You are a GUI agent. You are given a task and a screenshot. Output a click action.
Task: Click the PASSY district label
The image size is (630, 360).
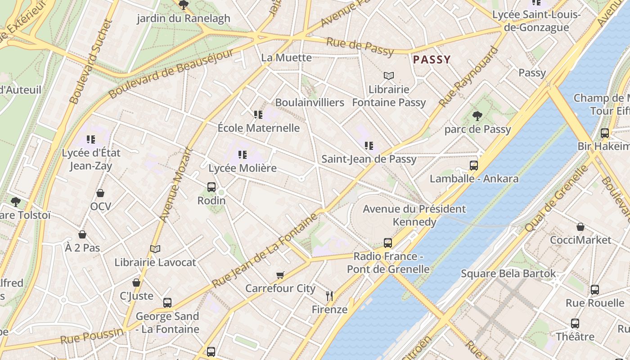pyautogui.click(x=432, y=59)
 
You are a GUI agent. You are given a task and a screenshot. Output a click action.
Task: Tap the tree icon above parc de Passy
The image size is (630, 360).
pyautogui.click(x=477, y=116)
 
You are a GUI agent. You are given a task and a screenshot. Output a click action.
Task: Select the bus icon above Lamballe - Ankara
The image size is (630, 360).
pyautogui.click(x=473, y=165)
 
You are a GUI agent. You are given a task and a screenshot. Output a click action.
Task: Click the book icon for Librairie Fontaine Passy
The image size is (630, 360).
pyautogui.click(x=389, y=76)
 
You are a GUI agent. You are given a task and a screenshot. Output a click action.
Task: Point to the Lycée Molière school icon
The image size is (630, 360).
pyautogui.click(x=243, y=155)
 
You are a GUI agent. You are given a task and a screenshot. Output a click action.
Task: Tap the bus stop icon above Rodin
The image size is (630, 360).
pyautogui.click(x=211, y=187)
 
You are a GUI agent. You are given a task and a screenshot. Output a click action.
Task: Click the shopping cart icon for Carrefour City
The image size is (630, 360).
pyautogui.click(x=280, y=275)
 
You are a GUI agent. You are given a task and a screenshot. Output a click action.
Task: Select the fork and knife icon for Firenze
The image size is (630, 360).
pyautogui.click(x=329, y=296)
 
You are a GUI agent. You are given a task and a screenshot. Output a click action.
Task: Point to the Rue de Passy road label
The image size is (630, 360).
pyautogui.click(x=360, y=46)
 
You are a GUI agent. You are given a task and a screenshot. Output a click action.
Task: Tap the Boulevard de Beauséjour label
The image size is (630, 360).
pyautogui.click(x=171, y=73)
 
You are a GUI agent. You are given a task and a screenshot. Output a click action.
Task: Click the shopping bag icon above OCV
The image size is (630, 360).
pyautogui.click(x=100, y=193)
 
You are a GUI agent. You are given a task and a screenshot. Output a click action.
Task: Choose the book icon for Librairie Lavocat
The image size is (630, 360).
pyautogui.click(x=155, y=249)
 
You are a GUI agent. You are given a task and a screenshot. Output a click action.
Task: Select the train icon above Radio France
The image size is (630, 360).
pyautogui.click(x=388, y=243)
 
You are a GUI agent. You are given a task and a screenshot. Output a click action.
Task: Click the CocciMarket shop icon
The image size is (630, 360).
pyautogui.click(x=580, y=227)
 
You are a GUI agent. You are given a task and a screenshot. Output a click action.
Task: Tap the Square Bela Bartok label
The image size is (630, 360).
pyautogui.click(x=508, y=274)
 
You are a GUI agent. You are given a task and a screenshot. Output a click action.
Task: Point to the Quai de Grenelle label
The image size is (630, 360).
pyautogui.click(x=557, y=198)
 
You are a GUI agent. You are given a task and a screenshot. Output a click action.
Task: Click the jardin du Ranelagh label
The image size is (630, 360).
pyautogui.click(x=183, y=18)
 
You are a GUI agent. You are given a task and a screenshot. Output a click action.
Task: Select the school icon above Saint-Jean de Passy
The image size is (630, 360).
pyautogui.click(x=369, y=145)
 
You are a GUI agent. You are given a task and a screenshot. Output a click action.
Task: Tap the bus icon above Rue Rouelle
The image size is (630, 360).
pyautogui.click(x=594, y=289)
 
